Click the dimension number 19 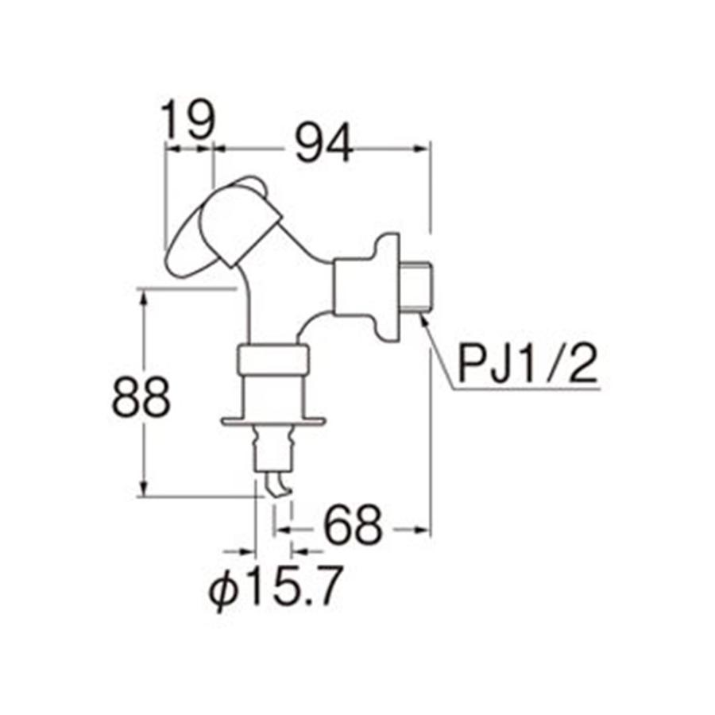[189, 119]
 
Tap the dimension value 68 [354, 526]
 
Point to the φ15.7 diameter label [274, 588]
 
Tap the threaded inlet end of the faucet [419, 284]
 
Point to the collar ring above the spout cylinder [272, 361]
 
